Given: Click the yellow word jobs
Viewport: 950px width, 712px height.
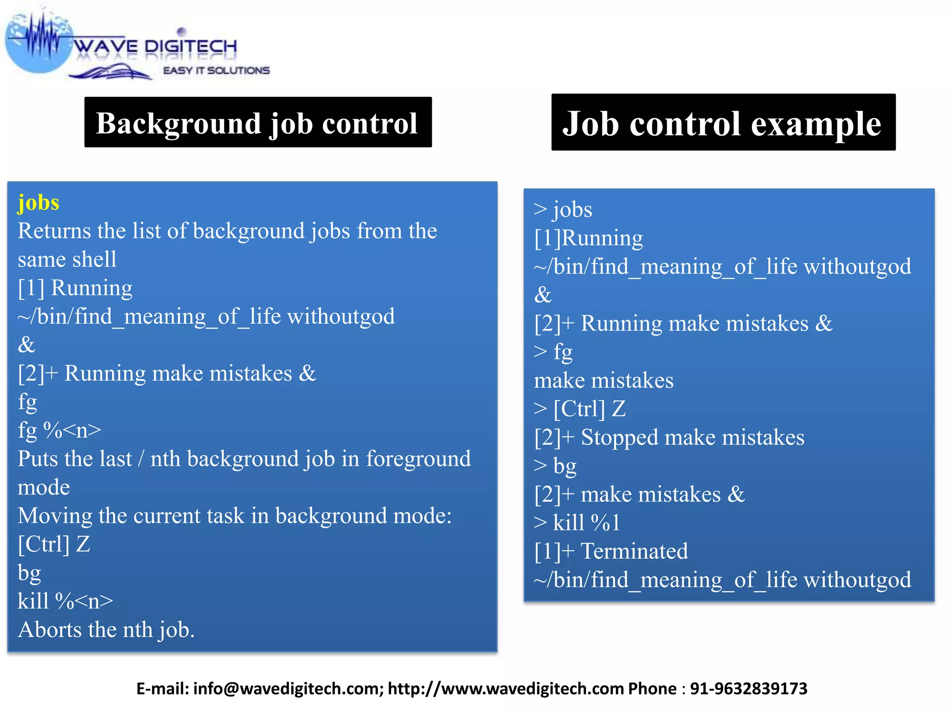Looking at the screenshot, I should pyautogui.click(x=39, y=203).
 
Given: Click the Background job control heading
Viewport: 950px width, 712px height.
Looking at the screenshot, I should pyautogui.click(x=257, y=123).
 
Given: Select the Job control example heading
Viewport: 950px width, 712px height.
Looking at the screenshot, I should pyautogui.click(x=722, y=123).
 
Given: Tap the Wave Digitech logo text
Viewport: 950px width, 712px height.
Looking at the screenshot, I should pyautogui.click(x=155, y=47).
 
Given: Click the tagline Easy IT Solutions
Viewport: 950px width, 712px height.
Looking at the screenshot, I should pyautogui.click(x=216, y=70).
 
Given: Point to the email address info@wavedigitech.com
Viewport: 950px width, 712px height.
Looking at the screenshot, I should pyautogui.click(x=286, y=689).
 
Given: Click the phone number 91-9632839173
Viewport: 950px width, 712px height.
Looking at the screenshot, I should pyautogui.click(x=749, y=689).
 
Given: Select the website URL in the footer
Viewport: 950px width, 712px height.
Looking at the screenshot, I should pyautogui.click(x=506, y=689).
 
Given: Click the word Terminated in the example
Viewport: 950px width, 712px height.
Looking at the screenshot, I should pyautogui.click(x=634, y=552).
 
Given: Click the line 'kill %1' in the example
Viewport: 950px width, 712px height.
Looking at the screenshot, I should pyautogui.click(x=577, y=523).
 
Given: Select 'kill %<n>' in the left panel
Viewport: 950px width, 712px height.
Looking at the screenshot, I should pyautogui.click(x=65, y=601).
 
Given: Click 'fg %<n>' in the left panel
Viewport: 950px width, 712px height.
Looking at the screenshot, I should pyautogui.click(x=59, y=430).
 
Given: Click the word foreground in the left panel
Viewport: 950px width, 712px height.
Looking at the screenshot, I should pyautogui.click(x=418, y=459).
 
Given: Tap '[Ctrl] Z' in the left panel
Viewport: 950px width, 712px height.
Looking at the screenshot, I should pyautogui.click(x=54, y=544).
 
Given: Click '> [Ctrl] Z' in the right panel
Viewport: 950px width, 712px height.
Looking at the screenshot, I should pyautogui.click(x=580, y=409).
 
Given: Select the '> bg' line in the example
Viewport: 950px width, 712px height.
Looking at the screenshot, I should pyautogui.click(x=555, y=466).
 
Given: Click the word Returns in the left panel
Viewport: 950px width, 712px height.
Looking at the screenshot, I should pyautogui.click(x=54, y=231).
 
